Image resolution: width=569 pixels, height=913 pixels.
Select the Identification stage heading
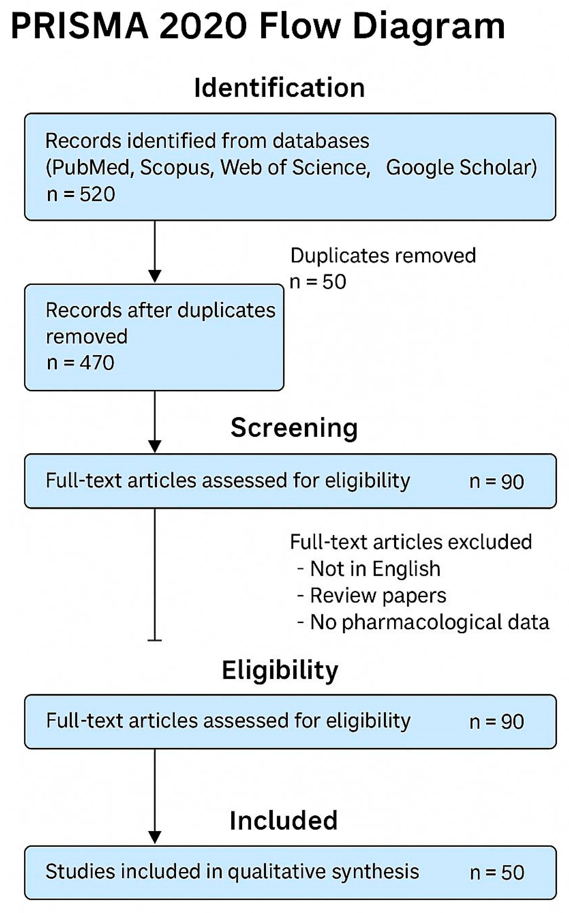(279, 88)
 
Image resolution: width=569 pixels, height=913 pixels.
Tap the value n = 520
(81, 195)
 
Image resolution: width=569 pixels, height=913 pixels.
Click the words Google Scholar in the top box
(461, 168)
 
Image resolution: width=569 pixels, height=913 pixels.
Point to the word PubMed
(89, 168)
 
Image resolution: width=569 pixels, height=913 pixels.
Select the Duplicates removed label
(383, 256)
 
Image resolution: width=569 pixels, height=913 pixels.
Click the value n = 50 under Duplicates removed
(318, 282)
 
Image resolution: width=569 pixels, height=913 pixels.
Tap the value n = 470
(81, 363)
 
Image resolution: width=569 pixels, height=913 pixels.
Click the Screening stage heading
(294, 428)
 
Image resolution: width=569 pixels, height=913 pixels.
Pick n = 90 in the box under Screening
(497, 481)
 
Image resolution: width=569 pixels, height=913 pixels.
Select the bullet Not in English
(375, 569)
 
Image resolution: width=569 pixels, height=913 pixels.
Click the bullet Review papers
(378, 596)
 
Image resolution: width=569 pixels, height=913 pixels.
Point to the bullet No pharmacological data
(429, 622)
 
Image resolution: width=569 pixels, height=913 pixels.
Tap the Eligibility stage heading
(280, 671)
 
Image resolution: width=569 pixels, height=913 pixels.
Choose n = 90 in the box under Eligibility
(497, 722)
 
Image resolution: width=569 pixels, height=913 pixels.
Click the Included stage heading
(283, 820)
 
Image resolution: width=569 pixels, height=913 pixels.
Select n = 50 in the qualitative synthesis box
(497, 872)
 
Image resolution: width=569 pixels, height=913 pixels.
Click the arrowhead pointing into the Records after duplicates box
(155, 276)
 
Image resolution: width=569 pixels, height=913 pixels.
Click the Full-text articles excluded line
(411, 542)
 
